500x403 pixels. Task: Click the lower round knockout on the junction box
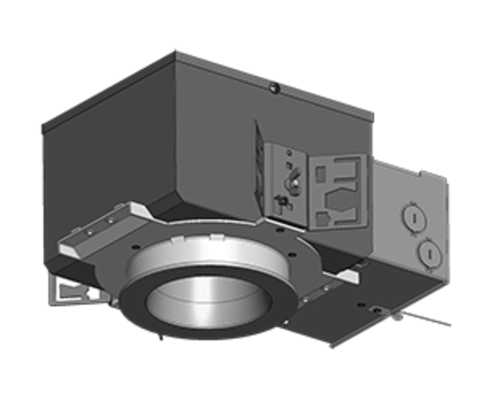tap(430, 254)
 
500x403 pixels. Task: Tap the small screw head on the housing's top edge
tap(274, 87)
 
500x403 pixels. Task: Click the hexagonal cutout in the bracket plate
tap(340, 201)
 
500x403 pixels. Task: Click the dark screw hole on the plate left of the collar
tap(134, 246)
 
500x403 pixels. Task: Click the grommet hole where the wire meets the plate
tap(377, 310)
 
